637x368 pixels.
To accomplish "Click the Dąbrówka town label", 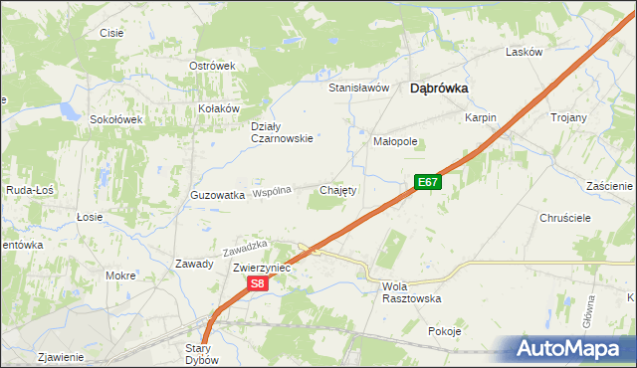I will coord(440,88).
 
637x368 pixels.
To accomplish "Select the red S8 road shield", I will coord(257,283).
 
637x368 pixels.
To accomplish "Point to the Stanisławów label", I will coord(358,88).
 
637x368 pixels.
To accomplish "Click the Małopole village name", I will coord(395,141).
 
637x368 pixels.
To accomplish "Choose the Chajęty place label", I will coord(336,189).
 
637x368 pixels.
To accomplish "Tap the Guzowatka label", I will coord(217,196).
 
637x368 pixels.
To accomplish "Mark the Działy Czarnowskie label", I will coord(282,132).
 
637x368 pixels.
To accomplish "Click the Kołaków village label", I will coord(220,108).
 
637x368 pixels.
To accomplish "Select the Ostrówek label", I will coord(211,66).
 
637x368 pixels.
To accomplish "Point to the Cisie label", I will coord(111,33).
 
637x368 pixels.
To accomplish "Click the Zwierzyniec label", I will coord(261,268).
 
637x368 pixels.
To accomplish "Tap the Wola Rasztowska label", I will coord(411,292).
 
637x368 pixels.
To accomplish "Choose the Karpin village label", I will coord(480,117).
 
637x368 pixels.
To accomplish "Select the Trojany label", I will coord(568,117).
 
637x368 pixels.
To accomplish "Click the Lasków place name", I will coord(524,52).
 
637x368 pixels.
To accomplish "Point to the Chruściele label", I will coord(565,217).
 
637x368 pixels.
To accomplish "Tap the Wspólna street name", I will coord(272,191).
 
